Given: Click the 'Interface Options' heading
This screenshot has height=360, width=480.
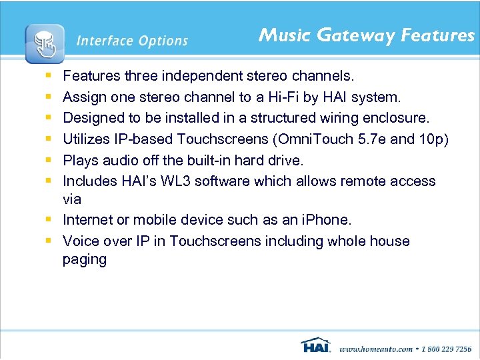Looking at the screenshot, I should [132, 41].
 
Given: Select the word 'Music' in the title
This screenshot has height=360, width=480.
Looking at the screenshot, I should [283, 35].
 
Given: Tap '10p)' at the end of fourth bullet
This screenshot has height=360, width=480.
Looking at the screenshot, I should [435, 139].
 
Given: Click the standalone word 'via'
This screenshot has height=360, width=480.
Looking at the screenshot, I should [72, 199].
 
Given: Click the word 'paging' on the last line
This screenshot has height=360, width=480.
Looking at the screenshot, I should [85, 259].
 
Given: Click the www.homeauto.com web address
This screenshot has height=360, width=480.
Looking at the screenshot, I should [375, 348].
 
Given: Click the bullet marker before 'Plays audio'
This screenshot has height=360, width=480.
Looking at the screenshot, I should [51, 161].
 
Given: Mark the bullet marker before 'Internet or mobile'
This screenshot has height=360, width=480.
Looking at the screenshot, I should [51, 220].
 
